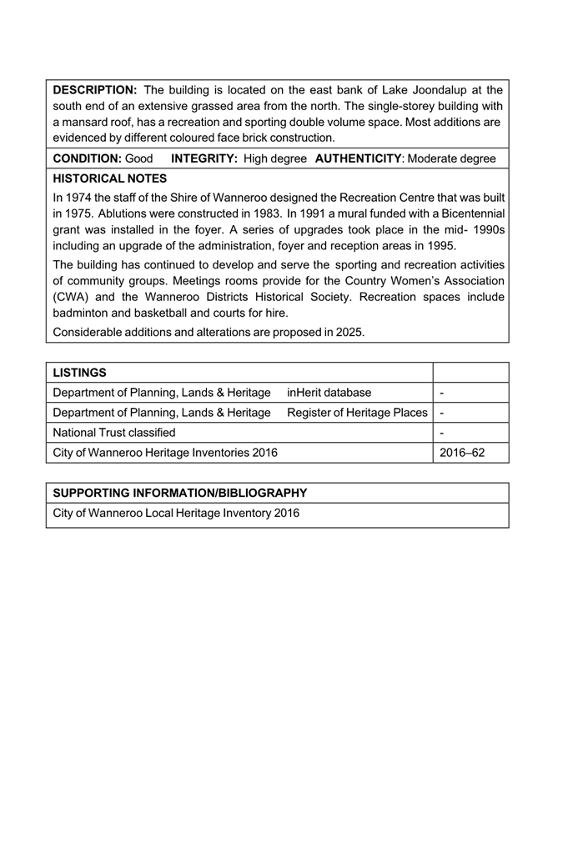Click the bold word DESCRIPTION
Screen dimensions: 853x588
[x=94, y=90]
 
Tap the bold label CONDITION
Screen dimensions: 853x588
[x=88, y=158]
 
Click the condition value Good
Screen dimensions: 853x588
[x=139, y=158]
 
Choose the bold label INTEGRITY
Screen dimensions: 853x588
[x=205, y=158]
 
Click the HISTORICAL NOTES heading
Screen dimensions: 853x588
[x=110, y=178]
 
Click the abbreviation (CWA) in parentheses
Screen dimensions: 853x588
[x=71, y=298]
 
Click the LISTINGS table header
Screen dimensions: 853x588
[x=80, y=372]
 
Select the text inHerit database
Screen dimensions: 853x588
[x=329, y=393]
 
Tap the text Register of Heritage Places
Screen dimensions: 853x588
[x=357, y=413]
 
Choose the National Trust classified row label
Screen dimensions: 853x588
[x=114, y=433]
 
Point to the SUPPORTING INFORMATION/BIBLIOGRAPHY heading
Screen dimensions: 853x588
[x=180, y=493]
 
